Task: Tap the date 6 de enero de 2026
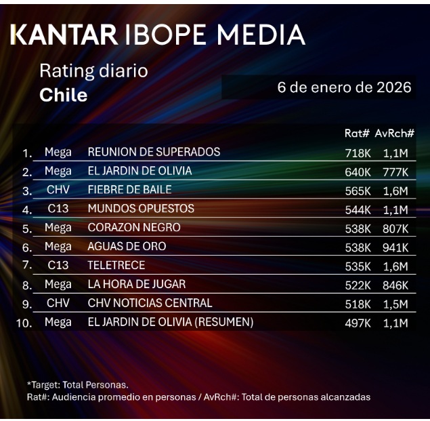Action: (x=345, y=87)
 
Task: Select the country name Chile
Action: (x=64, y=95)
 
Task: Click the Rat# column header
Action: (x=357, y=134)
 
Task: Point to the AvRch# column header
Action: (x=395, y=134)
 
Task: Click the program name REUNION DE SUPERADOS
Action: (x=154, y=152)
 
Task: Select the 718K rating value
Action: (x=358, y=153)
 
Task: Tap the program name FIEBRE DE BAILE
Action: (x=129, y=190)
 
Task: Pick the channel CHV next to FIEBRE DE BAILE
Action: (x=58, y=190)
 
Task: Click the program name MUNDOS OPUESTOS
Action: (x=141, y=209)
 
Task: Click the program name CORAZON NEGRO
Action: (x=134, y=228)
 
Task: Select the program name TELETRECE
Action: (x=116, y=266)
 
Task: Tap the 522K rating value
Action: (x=358, y=285)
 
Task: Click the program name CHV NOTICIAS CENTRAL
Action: (x=150, y=303)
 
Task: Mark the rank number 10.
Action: (x=24, y=323)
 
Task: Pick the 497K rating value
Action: (x=358, y=323)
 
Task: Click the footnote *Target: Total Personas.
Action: (x=78, y=385)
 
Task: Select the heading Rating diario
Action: (x=93, y=71)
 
